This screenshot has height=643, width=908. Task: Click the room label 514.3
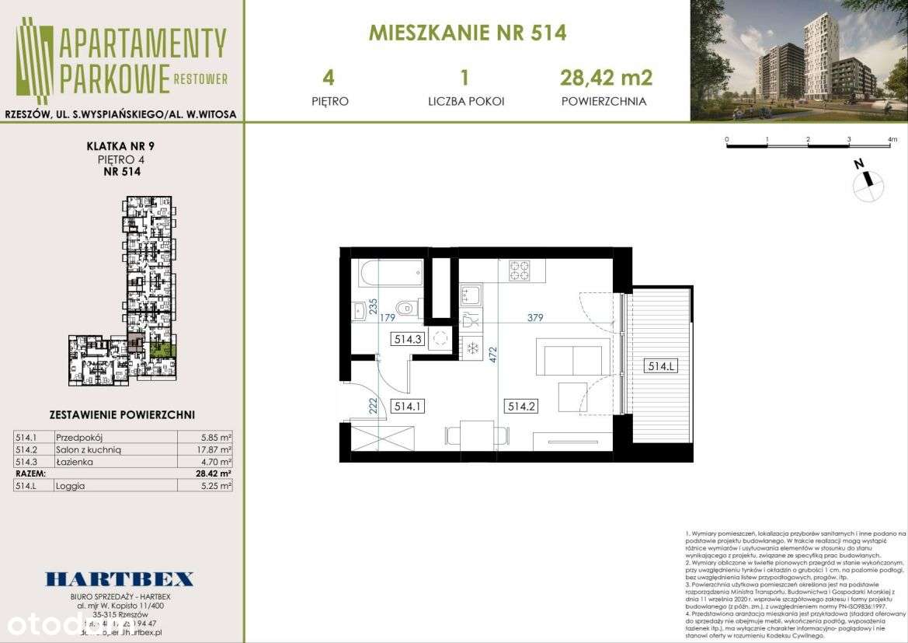[x=408, y=338]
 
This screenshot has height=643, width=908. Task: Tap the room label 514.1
[x=408, y=406]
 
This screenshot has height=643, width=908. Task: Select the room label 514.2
[x=521, y=406]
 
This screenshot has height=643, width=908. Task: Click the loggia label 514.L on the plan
[x=659, y=366]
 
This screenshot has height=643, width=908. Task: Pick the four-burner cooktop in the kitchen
[x=520, y=271]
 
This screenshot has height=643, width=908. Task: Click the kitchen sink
[x=471, y=295]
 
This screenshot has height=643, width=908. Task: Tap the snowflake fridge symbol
[x=471, y=348]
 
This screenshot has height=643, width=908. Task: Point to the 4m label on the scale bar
[x=892, y=140]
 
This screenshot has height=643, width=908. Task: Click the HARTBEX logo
[x=120, y=578]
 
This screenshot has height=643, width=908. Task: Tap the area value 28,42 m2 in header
[x=606, y=78]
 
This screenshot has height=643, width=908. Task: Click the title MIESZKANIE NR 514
[x=467, y=33]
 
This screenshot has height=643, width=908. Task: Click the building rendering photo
[x=798, y=61]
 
